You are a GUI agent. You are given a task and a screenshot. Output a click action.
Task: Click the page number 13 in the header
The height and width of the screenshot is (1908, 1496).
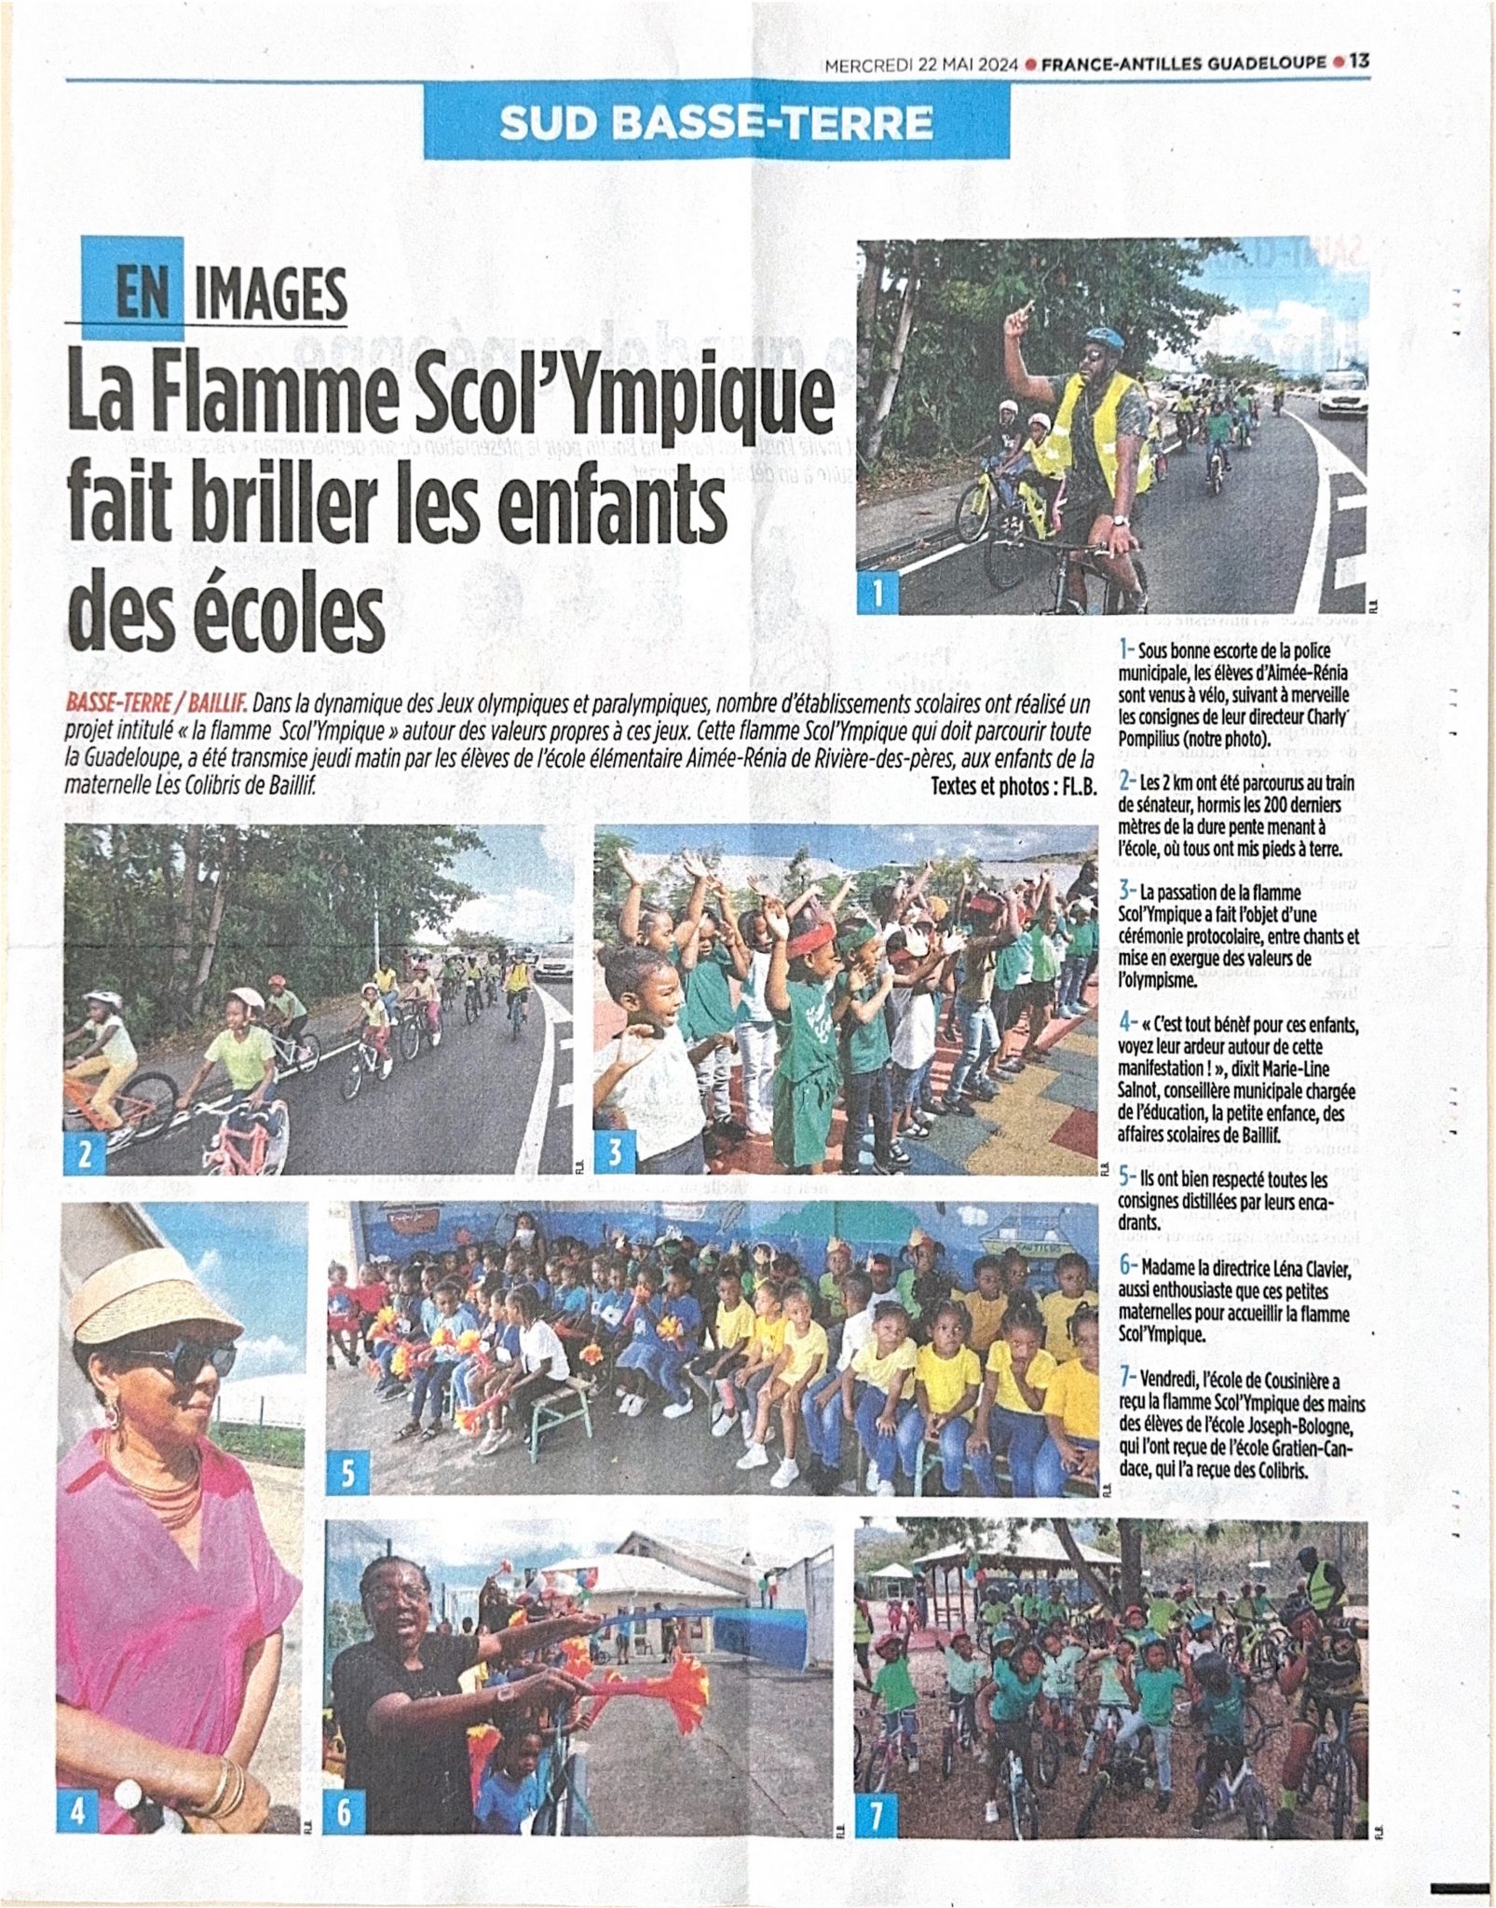click(1359, 62)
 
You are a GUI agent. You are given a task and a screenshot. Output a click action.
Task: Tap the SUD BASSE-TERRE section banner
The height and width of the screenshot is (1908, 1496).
click(715, 122)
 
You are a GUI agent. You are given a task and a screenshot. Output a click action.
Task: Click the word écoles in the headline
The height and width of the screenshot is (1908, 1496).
click(263, 612)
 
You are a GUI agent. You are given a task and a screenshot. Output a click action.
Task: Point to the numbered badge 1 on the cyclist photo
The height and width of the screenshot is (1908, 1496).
click(877, 593)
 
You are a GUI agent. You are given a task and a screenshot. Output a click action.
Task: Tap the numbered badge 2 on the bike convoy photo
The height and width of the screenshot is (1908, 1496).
click(84, 1153)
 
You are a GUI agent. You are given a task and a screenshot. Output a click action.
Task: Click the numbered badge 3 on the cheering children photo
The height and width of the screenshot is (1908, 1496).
click(614, 1153)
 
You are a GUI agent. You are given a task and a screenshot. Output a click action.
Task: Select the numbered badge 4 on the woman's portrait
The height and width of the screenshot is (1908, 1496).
click(79, 1811)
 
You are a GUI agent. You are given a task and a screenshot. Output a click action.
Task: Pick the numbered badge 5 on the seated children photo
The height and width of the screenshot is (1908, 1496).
click(347, 1473)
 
